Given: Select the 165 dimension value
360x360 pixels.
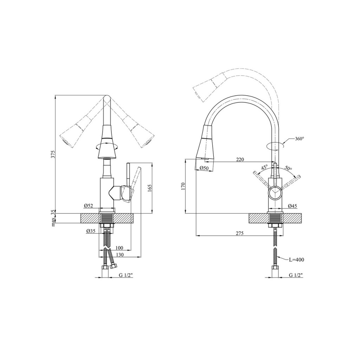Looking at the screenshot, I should [x=150, y=188].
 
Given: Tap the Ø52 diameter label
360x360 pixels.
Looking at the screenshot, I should [x=88, y=206].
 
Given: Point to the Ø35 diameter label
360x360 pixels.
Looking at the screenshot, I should [x=91, y=231].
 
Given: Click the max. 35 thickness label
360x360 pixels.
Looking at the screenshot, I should [x=53, y=218].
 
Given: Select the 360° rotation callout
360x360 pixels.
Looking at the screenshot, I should [x=299, y=139].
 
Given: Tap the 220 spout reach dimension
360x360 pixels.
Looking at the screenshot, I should [x=240, y=160].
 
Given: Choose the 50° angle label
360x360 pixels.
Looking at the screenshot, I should [x=288, y=168].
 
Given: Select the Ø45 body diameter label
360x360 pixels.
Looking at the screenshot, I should [x=292, y=206].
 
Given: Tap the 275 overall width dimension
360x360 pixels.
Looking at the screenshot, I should [x=240, y=233].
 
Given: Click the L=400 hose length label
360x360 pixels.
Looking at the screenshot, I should [x=296, y=260].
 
